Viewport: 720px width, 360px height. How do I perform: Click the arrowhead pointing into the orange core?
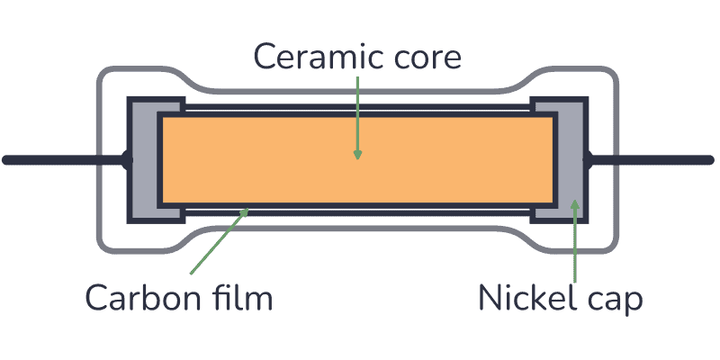357,154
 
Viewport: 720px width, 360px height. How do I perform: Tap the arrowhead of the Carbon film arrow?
247,211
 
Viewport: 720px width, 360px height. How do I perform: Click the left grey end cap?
144,161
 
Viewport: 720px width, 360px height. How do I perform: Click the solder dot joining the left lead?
126,161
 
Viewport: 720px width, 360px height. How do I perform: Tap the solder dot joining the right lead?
589,161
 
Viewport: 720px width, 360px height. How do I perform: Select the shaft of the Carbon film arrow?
216,245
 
